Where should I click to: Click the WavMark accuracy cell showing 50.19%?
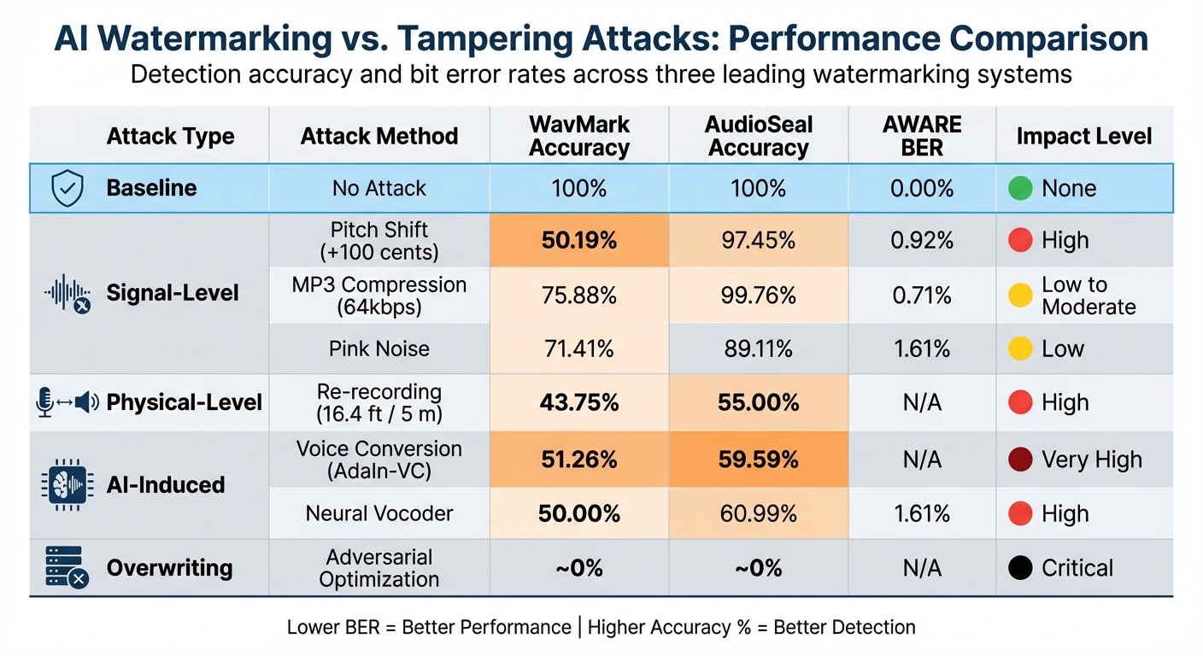pyautogui.click(x=578, y=241)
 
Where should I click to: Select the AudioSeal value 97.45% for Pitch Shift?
pyautogui.click(x=758, y=241)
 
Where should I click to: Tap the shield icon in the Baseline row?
pyautogui.click(x=67, y=188)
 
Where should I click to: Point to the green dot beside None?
pyautogui.click(x=1020, y=188)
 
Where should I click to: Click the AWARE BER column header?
pyautogui.click(x=922, y=136)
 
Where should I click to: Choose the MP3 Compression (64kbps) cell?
pyautogui.click(x=379, y=296)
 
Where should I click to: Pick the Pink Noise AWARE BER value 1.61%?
pyautogui.click(x=922, y=348)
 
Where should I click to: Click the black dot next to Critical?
pyautogui.click(x=1020, y=568)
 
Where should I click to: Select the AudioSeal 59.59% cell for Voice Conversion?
pyautogui.click(x=758, y=460)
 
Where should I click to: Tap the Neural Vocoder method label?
pyautogui.click(x=379, y=513)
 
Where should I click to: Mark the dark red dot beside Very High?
pyautogui.click(x=1020, y=460)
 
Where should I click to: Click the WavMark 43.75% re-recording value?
pyautogui.click(x=578, y=402)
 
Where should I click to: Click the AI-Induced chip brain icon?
pyautogui.click(x=67, y=484)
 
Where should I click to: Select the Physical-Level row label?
pyautogui.click(x=184, y=402)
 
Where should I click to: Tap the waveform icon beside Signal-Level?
pyautogui.click(x=67, y=294)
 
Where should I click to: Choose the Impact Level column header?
pyautogui.click(x=1083, y=136)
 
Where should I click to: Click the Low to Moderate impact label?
pyautogui.click(x=1088, y=296)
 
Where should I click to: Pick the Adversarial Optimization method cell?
pyautogui.click(x=379, y=568)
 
